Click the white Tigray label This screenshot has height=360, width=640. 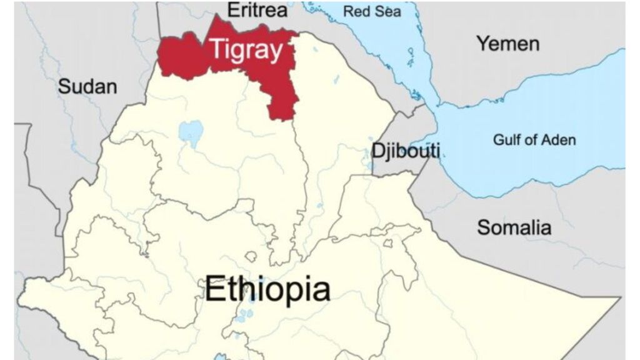246,50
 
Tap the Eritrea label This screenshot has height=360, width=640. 257,10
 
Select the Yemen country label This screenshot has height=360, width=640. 507,44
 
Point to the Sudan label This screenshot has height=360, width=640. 87,86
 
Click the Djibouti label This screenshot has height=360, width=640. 405,150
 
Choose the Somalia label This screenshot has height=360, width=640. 514,227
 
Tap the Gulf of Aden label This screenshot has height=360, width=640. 534,139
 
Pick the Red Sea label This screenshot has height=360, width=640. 372,11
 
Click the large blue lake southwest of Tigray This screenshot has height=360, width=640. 191,132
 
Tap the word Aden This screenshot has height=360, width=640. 556,139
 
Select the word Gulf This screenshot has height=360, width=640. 506,139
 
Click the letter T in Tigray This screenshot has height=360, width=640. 216,49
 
